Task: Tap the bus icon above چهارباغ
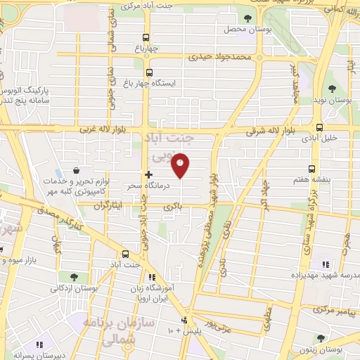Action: point(146,38)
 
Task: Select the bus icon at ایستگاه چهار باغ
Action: point(149,72)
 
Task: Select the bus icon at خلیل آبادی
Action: point(320,128)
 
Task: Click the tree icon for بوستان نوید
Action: point(333,89)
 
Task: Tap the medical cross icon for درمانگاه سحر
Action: point(148,174)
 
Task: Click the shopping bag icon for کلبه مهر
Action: point(77,171)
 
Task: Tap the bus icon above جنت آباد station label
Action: point(126,254)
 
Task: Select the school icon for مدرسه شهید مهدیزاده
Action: point(325,265)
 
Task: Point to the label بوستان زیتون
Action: point(340,349)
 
